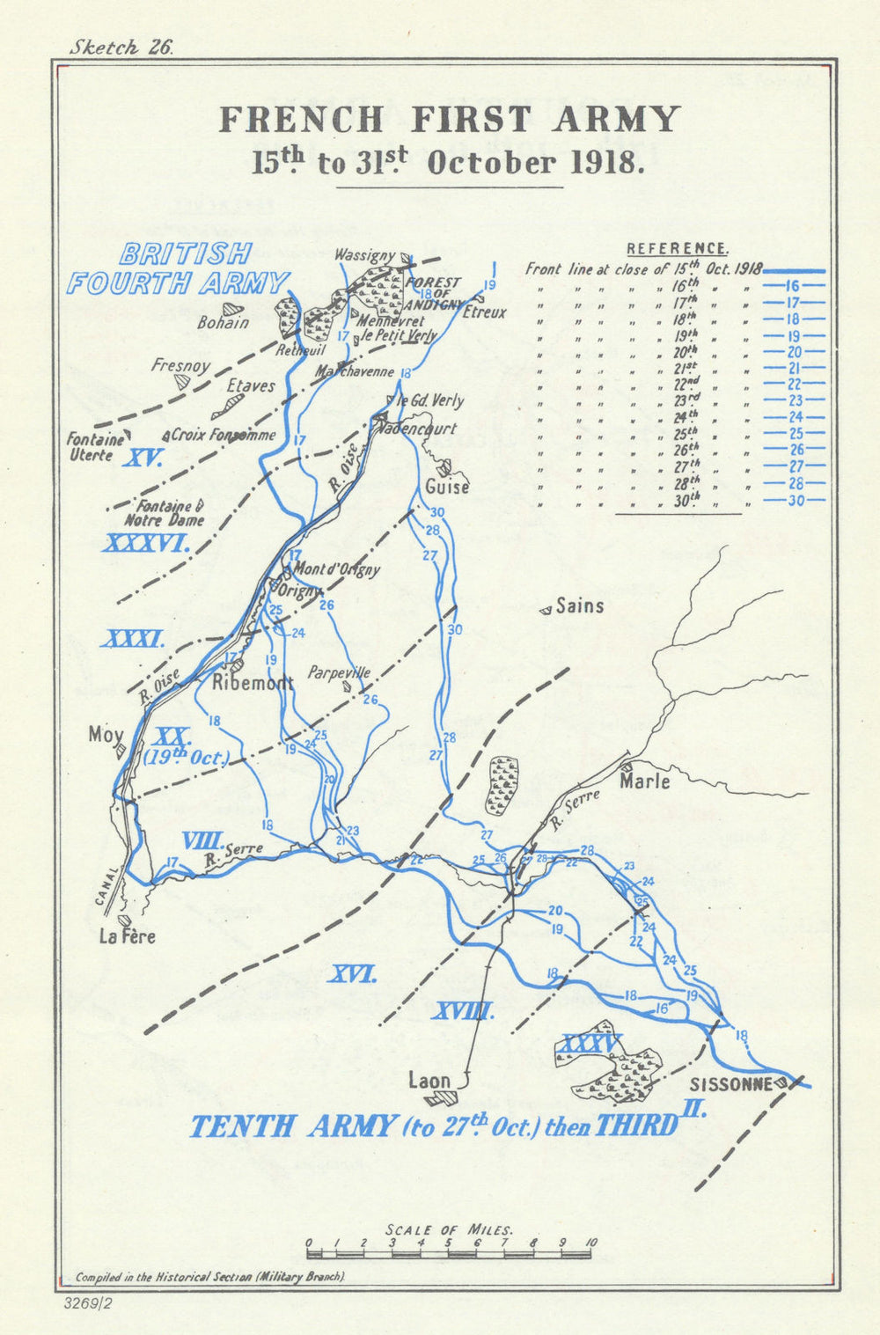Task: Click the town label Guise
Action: click(x=446, y=487)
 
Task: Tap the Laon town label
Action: click(x=429, y=1081)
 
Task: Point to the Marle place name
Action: click(x=645, y=781)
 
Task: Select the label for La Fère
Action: click(x=127, y=936)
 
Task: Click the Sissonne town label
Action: click(x=730, y=1083)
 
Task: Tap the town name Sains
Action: click(x=580, y=606)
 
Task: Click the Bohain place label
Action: click(x=223, y=323)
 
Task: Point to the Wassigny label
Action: click(x=364, y=255)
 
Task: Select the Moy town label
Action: click(x=106, y=734)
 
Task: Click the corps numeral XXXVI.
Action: click(x=147, y=544)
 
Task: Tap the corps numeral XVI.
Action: click(x=353, y=974)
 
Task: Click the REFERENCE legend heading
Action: click(x=677, y=249)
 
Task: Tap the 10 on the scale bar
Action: click(x=590, y=1243)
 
